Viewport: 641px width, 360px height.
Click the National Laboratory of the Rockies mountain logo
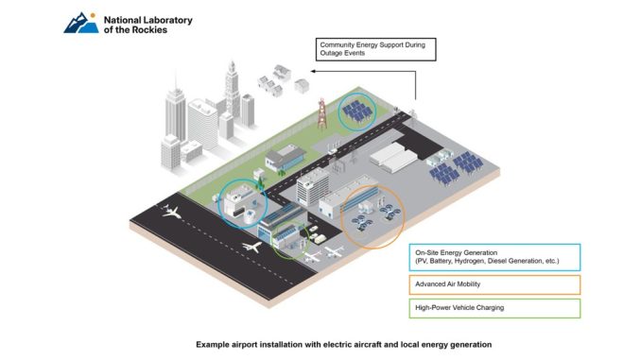(81, 23)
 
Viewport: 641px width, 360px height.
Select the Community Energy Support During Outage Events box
(375, 49)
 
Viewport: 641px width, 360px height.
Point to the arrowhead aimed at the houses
(313, 71)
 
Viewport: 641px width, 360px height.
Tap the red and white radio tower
(322, 113)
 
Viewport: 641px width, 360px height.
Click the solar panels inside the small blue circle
(357, 111)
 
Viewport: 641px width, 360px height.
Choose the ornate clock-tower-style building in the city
(233, 89)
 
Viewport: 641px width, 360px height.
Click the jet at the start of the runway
(171, 212)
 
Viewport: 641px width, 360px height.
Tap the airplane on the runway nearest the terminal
(251, 247)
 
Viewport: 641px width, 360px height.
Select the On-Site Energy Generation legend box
(494, 257)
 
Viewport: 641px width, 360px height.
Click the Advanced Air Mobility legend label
(447, 284)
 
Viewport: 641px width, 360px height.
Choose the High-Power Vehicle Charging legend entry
(494, 309)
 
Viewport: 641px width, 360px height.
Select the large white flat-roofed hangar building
(393, 157)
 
